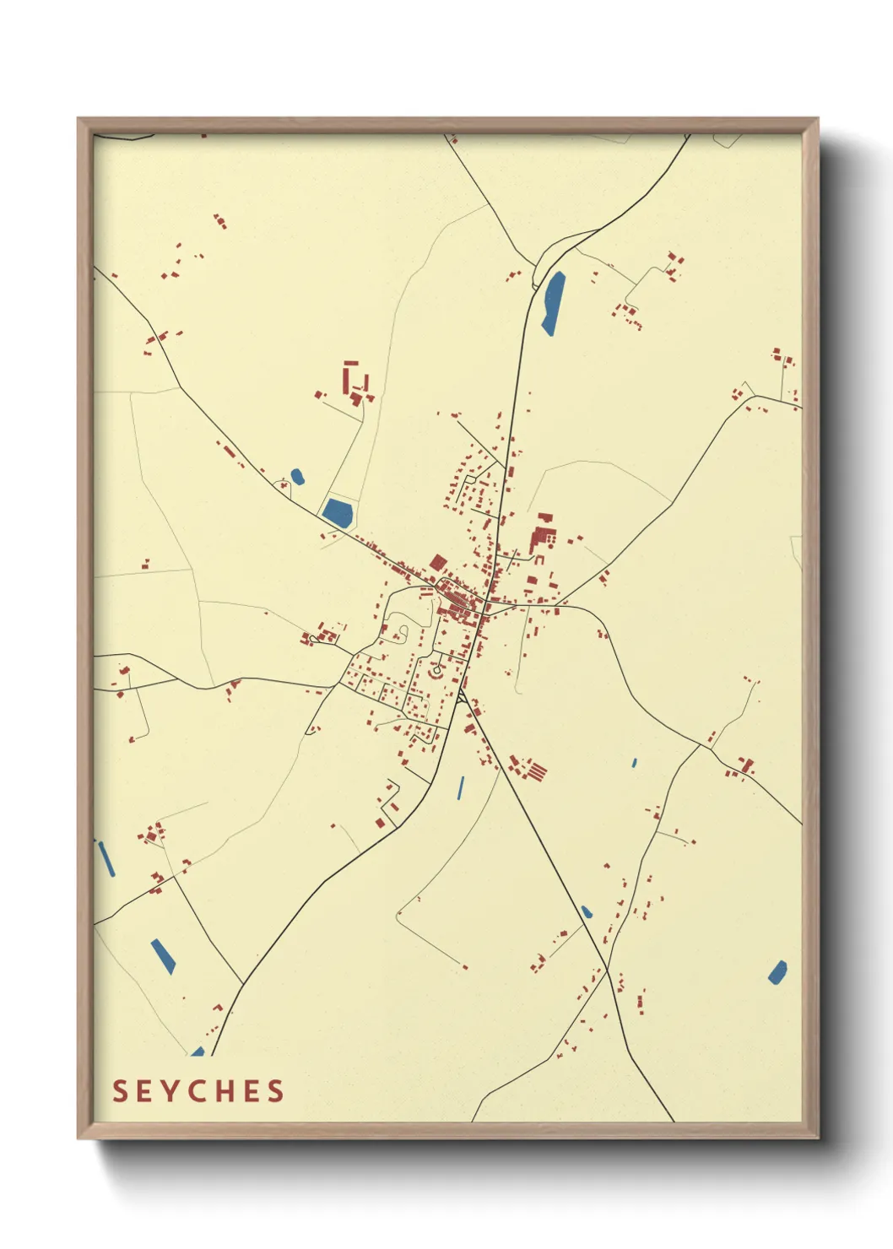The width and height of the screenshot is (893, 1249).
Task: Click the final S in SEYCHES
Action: pyautogui.click(x=276, y=1091)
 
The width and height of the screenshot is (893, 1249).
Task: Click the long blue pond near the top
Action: pyautogui.click(x=553, y=303)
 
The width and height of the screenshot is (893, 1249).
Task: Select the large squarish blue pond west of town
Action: pyautogui.click(x=338, y=512)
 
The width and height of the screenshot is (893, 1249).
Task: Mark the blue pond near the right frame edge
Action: pyautogui.click(x=777, y=972)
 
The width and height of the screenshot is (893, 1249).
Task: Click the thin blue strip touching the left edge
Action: pyautogui.click(x=106, y=858)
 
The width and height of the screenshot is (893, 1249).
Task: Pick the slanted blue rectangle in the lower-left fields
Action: pyautogui.click(x=163, y=956)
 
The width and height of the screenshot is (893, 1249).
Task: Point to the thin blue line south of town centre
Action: pyautogui.click(x=460, y=788)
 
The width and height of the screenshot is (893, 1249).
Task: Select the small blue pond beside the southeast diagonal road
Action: pyautogui.click(x=587, y=912)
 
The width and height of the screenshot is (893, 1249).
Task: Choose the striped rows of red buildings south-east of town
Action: pyautogui.click(x=533, y=771)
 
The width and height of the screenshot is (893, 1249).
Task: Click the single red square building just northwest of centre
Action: pyautogui.click(x=437, y=563)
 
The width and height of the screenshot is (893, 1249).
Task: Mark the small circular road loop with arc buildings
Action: pyautogui.click(x=436, y=672)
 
